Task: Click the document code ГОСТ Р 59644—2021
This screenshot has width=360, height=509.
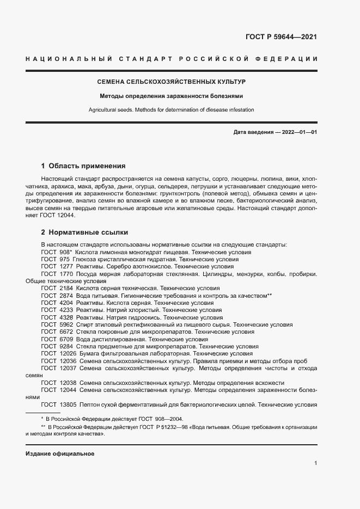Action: (x=282, y=38)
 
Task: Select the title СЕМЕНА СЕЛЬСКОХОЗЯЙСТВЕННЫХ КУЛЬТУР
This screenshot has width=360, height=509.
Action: (x=171, y=82)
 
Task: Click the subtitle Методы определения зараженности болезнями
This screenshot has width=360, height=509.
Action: (x=171, y=96)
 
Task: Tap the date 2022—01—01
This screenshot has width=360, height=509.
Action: (x=298, y=132)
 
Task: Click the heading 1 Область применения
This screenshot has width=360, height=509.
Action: (x=83, y=165)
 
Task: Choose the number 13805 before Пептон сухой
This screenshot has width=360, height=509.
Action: (x=68, y=404)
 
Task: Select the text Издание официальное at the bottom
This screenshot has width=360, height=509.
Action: (x=60, y=453)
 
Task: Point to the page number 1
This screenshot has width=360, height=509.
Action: (x=315, y=463)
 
